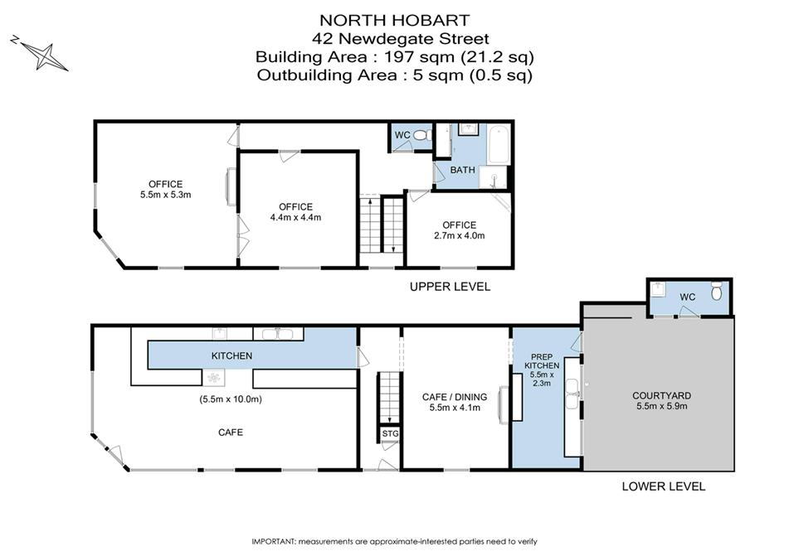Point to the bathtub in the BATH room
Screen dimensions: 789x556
[499, 144]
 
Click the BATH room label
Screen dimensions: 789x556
[462, 170]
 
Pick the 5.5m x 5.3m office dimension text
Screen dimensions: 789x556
[166, 195]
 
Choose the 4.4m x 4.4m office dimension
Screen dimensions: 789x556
[295, 217]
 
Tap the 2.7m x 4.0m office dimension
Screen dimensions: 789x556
[460, 235]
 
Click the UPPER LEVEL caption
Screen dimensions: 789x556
[450, 287]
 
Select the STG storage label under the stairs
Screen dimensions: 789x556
[390, 433]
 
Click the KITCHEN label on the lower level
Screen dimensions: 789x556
[231, 355]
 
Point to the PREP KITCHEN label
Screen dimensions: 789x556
[542, 361]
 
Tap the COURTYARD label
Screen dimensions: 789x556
[662, 395]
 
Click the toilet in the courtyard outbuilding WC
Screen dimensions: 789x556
[717, 291]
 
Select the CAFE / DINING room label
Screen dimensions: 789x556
[455, 397]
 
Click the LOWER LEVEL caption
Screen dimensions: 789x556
[664, 486]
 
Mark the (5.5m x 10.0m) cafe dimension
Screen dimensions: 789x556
[231, 399]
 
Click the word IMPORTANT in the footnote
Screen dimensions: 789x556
[274, 541]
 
